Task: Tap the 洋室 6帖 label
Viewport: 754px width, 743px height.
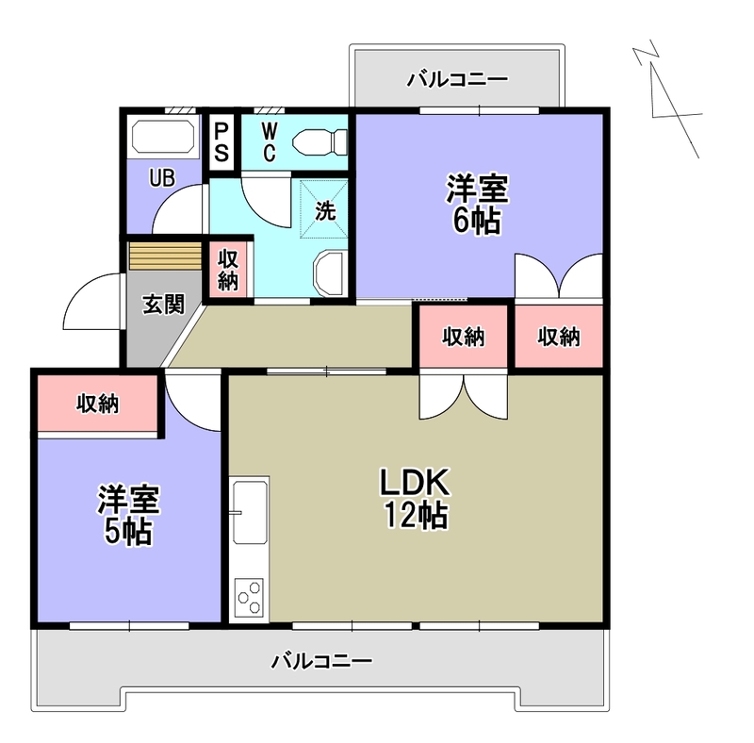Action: (477, 205)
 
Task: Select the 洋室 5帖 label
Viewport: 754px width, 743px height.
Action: (128, 515)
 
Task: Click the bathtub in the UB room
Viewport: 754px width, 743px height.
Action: (163, 137)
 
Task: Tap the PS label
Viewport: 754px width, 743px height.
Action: (221, 141)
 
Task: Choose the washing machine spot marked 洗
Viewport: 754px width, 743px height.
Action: (324, 211)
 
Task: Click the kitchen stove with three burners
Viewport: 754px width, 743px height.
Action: (249, 596)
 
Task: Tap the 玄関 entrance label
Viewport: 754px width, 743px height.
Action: (163, 305)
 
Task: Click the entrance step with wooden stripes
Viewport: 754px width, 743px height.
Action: (165, 256)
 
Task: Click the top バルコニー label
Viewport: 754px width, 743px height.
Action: (457, 80)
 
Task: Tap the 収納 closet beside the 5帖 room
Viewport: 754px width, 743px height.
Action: (97, 404)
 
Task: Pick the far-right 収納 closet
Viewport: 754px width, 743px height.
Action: (558, 337)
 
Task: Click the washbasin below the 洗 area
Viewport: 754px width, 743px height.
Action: (330, 273)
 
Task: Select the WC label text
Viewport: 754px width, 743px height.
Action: (269, 142)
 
